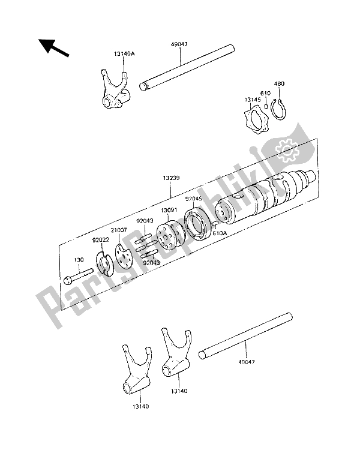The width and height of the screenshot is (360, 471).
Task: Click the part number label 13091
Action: point(169,211)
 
